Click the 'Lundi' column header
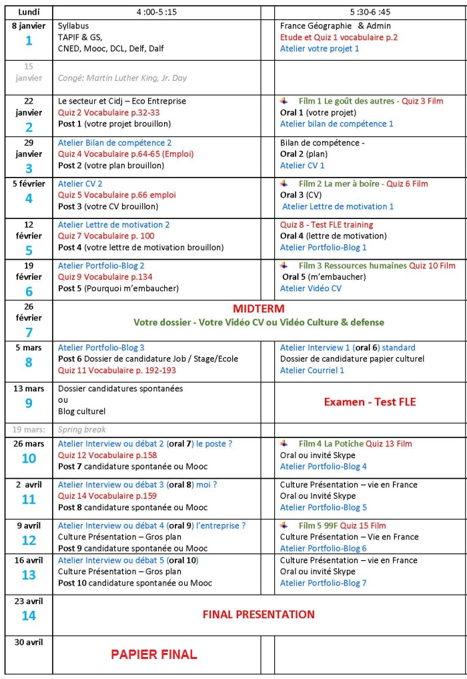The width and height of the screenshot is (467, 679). click(29, 12)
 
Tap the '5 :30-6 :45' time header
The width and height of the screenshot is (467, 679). click(370, 12)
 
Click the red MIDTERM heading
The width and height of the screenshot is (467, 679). click(258, 308)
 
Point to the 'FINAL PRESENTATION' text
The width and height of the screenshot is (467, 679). click(258, 614)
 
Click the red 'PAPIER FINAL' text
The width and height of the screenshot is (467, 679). click(153, 654)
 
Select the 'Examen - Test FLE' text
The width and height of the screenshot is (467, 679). click(370, 401)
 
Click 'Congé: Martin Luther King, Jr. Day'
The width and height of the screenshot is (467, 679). click(122, 77)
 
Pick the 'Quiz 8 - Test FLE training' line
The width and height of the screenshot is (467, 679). click(326, 224)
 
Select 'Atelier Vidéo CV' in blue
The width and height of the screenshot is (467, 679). click(310, 288)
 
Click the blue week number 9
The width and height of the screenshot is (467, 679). click(29, 403)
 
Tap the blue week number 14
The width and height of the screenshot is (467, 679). click(29, 616)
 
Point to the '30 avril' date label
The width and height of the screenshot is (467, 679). click(29, 642)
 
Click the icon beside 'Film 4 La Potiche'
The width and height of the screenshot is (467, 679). click(285, 443)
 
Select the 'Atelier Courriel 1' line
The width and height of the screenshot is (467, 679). click(312, 370)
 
